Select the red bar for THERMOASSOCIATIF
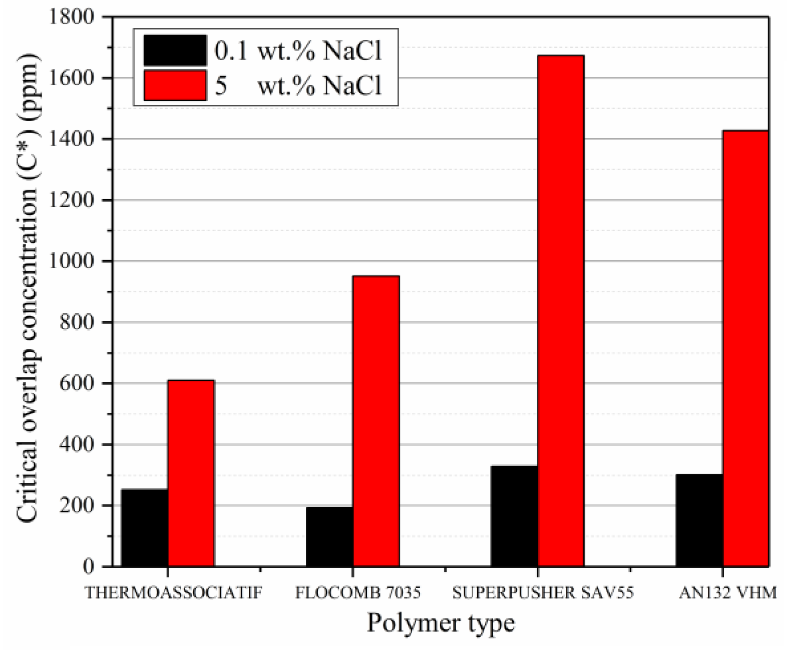[191, 473]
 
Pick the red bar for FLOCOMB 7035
[376, 421]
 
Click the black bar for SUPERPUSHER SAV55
[514, 516]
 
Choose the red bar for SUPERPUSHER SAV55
[561, 311]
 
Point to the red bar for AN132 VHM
[745, 348]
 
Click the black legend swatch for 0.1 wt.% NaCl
[175, 50]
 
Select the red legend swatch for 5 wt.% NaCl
[175, 85]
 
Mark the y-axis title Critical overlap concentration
[27, 289]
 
